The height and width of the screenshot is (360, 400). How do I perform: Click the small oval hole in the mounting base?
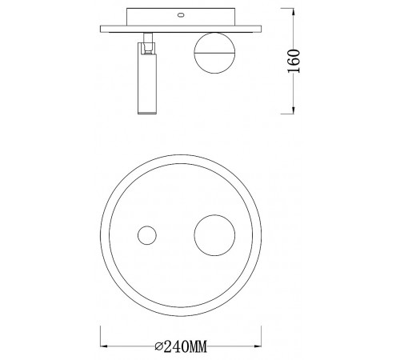click(179, 14)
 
